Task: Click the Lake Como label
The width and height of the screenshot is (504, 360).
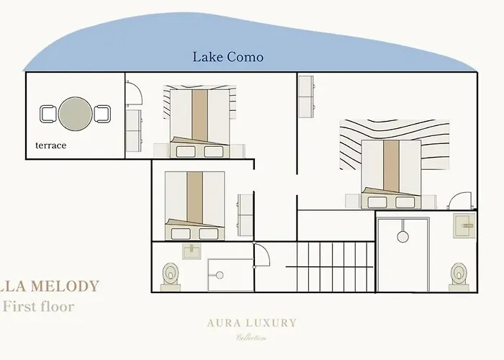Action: (x=228, y=57)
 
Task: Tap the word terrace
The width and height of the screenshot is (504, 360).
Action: (x=50, y=145)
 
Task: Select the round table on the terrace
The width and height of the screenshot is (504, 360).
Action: (x=75, y=113)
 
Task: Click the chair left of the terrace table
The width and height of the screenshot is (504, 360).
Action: (x=48, y=113)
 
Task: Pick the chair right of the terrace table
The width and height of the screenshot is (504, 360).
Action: (x=102, y=113)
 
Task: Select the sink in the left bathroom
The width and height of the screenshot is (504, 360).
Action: (x=193, y=251)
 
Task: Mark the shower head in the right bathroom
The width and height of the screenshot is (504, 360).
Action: (x=403, y=235)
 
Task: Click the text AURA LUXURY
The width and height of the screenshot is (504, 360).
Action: (x=250, y=323)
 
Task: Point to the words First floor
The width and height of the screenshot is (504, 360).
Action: (x=38, y=306)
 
